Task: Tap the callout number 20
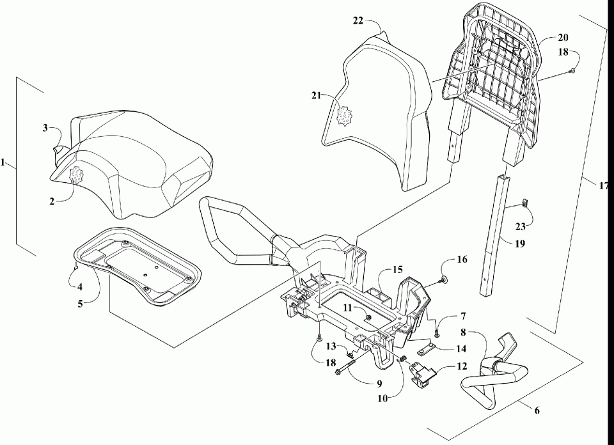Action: pos(545,38)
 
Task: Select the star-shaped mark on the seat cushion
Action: pos(77,174)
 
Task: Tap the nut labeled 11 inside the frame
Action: pos(369,315)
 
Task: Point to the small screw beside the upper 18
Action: pos(572,70)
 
